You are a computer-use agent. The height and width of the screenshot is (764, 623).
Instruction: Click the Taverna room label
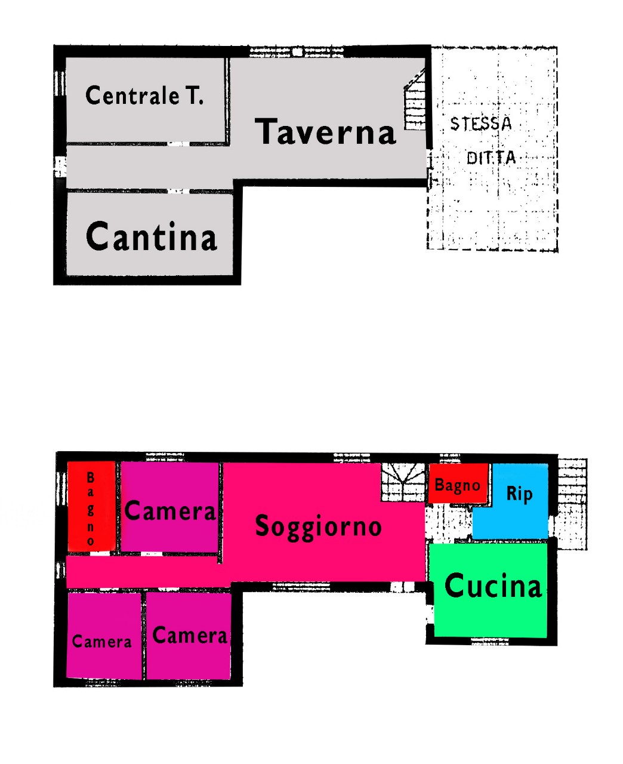click(325, 131)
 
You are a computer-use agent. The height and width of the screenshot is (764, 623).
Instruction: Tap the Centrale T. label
click(144, 95)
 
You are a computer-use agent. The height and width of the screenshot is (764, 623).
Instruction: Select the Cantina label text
click(152, 236)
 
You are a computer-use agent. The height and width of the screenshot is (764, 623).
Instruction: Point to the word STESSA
click(481, 124)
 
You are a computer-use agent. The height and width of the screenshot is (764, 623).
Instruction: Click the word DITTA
click(491, 158)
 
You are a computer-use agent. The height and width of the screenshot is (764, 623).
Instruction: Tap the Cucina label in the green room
click(493, 586)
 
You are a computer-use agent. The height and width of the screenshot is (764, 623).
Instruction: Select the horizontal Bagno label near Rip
click(458, 485)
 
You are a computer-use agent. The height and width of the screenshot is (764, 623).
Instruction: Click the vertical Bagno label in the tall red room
click(91, 509)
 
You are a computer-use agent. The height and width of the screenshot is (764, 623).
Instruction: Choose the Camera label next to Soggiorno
click(170, 510)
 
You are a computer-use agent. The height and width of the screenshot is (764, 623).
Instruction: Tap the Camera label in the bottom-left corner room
click(102, 642)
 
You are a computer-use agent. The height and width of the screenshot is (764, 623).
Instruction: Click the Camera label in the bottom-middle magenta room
click(190, 635)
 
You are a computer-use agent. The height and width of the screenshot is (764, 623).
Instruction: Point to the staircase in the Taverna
click(415, 99)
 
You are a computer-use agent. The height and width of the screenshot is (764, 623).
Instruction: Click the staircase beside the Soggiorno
click(402, 482)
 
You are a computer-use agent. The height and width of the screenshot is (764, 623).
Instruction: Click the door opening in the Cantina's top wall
click(178, 191)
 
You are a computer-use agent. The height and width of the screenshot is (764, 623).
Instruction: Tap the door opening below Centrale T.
click(178, 144)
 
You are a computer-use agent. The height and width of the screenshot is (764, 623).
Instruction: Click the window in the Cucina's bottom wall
click(490, 642)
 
